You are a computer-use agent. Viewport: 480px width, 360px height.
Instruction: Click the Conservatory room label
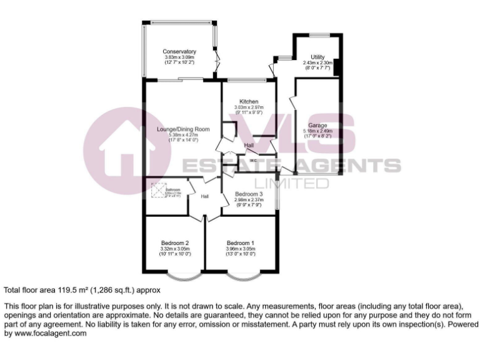(179, 51)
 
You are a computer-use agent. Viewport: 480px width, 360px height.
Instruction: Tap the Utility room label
(317, 57)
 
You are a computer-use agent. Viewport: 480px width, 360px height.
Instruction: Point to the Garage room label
(317, 126)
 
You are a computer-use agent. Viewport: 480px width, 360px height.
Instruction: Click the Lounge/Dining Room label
(183, 129)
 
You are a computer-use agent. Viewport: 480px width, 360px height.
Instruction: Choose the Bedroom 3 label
(248, 194)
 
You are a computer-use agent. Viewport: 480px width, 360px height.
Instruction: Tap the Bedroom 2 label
(175, 243)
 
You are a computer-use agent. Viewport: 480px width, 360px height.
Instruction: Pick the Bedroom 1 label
(241, 243)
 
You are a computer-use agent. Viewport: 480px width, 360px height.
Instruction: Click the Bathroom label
(172, 189)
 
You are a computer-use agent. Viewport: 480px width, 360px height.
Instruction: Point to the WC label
(253, 161)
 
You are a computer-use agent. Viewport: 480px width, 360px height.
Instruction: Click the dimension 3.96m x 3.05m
(241, 249)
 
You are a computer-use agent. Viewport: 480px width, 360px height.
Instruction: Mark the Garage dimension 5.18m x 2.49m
(317, 131)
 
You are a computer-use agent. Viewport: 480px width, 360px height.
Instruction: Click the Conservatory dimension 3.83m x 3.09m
(179, 57)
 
